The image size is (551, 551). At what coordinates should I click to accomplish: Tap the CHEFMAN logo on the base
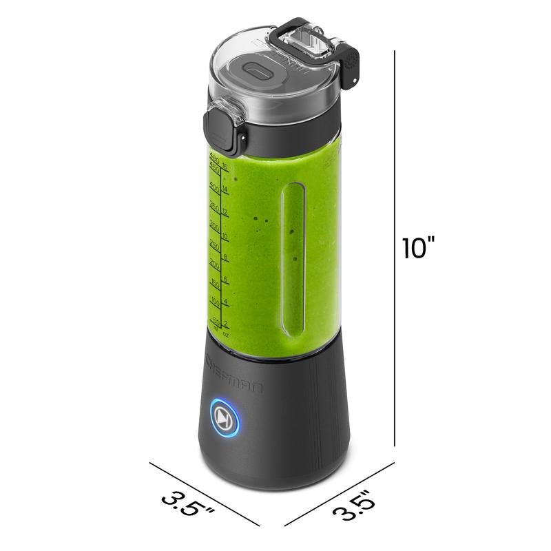234,374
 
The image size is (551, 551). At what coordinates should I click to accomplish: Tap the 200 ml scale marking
214,264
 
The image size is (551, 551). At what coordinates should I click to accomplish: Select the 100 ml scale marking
214,302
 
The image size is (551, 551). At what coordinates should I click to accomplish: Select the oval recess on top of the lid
257,72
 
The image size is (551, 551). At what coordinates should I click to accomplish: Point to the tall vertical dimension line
395,248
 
